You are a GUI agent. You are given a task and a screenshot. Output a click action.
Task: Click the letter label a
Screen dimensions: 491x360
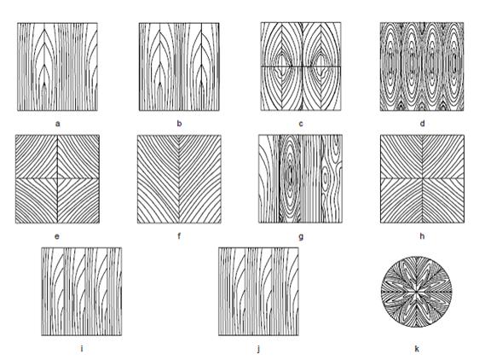pyautogui.click(x=58, y=124)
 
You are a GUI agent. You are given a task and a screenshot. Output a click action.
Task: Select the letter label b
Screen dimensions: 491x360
pyautogui.click(x=179, y=124)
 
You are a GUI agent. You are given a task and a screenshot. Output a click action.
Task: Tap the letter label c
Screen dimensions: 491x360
pyautogui.click(x=301, y=124)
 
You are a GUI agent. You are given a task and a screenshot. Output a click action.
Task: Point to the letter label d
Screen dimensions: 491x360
pyautogui.click(x=422, y=123)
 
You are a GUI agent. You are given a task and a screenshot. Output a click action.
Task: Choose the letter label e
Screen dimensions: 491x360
pyautogui.click(x=57, y=236)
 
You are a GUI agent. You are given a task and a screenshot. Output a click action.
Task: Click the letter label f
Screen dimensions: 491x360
pyautogui.click(x=179, y=235)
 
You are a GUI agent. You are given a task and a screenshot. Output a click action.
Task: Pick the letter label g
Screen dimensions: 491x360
pyautogui.click(x=301, y=237)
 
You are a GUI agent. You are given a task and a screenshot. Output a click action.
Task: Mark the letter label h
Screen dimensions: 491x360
pyautogui.click(x=422, y=235)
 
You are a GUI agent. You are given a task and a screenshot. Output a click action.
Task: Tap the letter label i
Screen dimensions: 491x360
pyautogui.click(x=82, y=348)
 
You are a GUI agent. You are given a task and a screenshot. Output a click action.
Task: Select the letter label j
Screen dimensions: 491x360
pyautogui.click(x=258, y=349)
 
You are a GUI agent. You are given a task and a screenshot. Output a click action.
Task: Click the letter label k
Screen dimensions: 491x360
pyautogui.click(x=417, y=348)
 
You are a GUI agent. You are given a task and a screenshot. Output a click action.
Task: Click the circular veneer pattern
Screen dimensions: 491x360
pyautogui.click(x=417, y=292)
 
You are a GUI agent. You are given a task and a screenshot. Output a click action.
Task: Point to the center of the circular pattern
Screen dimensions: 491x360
pyautogui.click(x=417, y=292)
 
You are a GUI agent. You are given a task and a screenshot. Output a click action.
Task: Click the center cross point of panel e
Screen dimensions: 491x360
pyautogui.click(x=57, y=178)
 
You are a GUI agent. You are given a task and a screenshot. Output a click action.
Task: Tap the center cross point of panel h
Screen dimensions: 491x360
pyautogui.click(x=422, y=178)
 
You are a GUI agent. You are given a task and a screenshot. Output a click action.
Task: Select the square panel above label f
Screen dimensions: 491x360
pyautogui.click(x=179, y=179)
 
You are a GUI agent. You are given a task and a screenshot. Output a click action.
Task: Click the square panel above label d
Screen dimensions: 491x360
pyautogui.click(x=422, y=67)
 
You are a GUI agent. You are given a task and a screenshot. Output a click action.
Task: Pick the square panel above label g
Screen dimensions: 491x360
pyautogui.click(x=301, y=179)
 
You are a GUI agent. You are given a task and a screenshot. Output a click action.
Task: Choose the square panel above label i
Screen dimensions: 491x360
pyautogui.click(x=82, y=292)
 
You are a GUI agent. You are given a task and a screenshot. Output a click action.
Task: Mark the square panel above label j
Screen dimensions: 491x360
pyautogui.click(x=258, y=292)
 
